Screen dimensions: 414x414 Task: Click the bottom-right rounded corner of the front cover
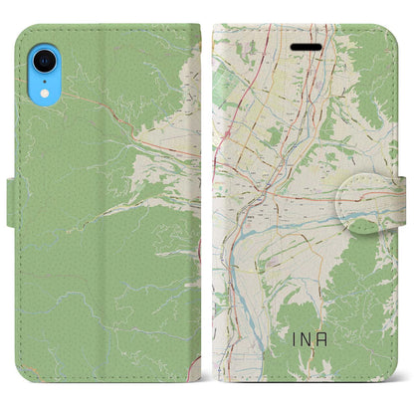pyautogui.click(x=393, y=381)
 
